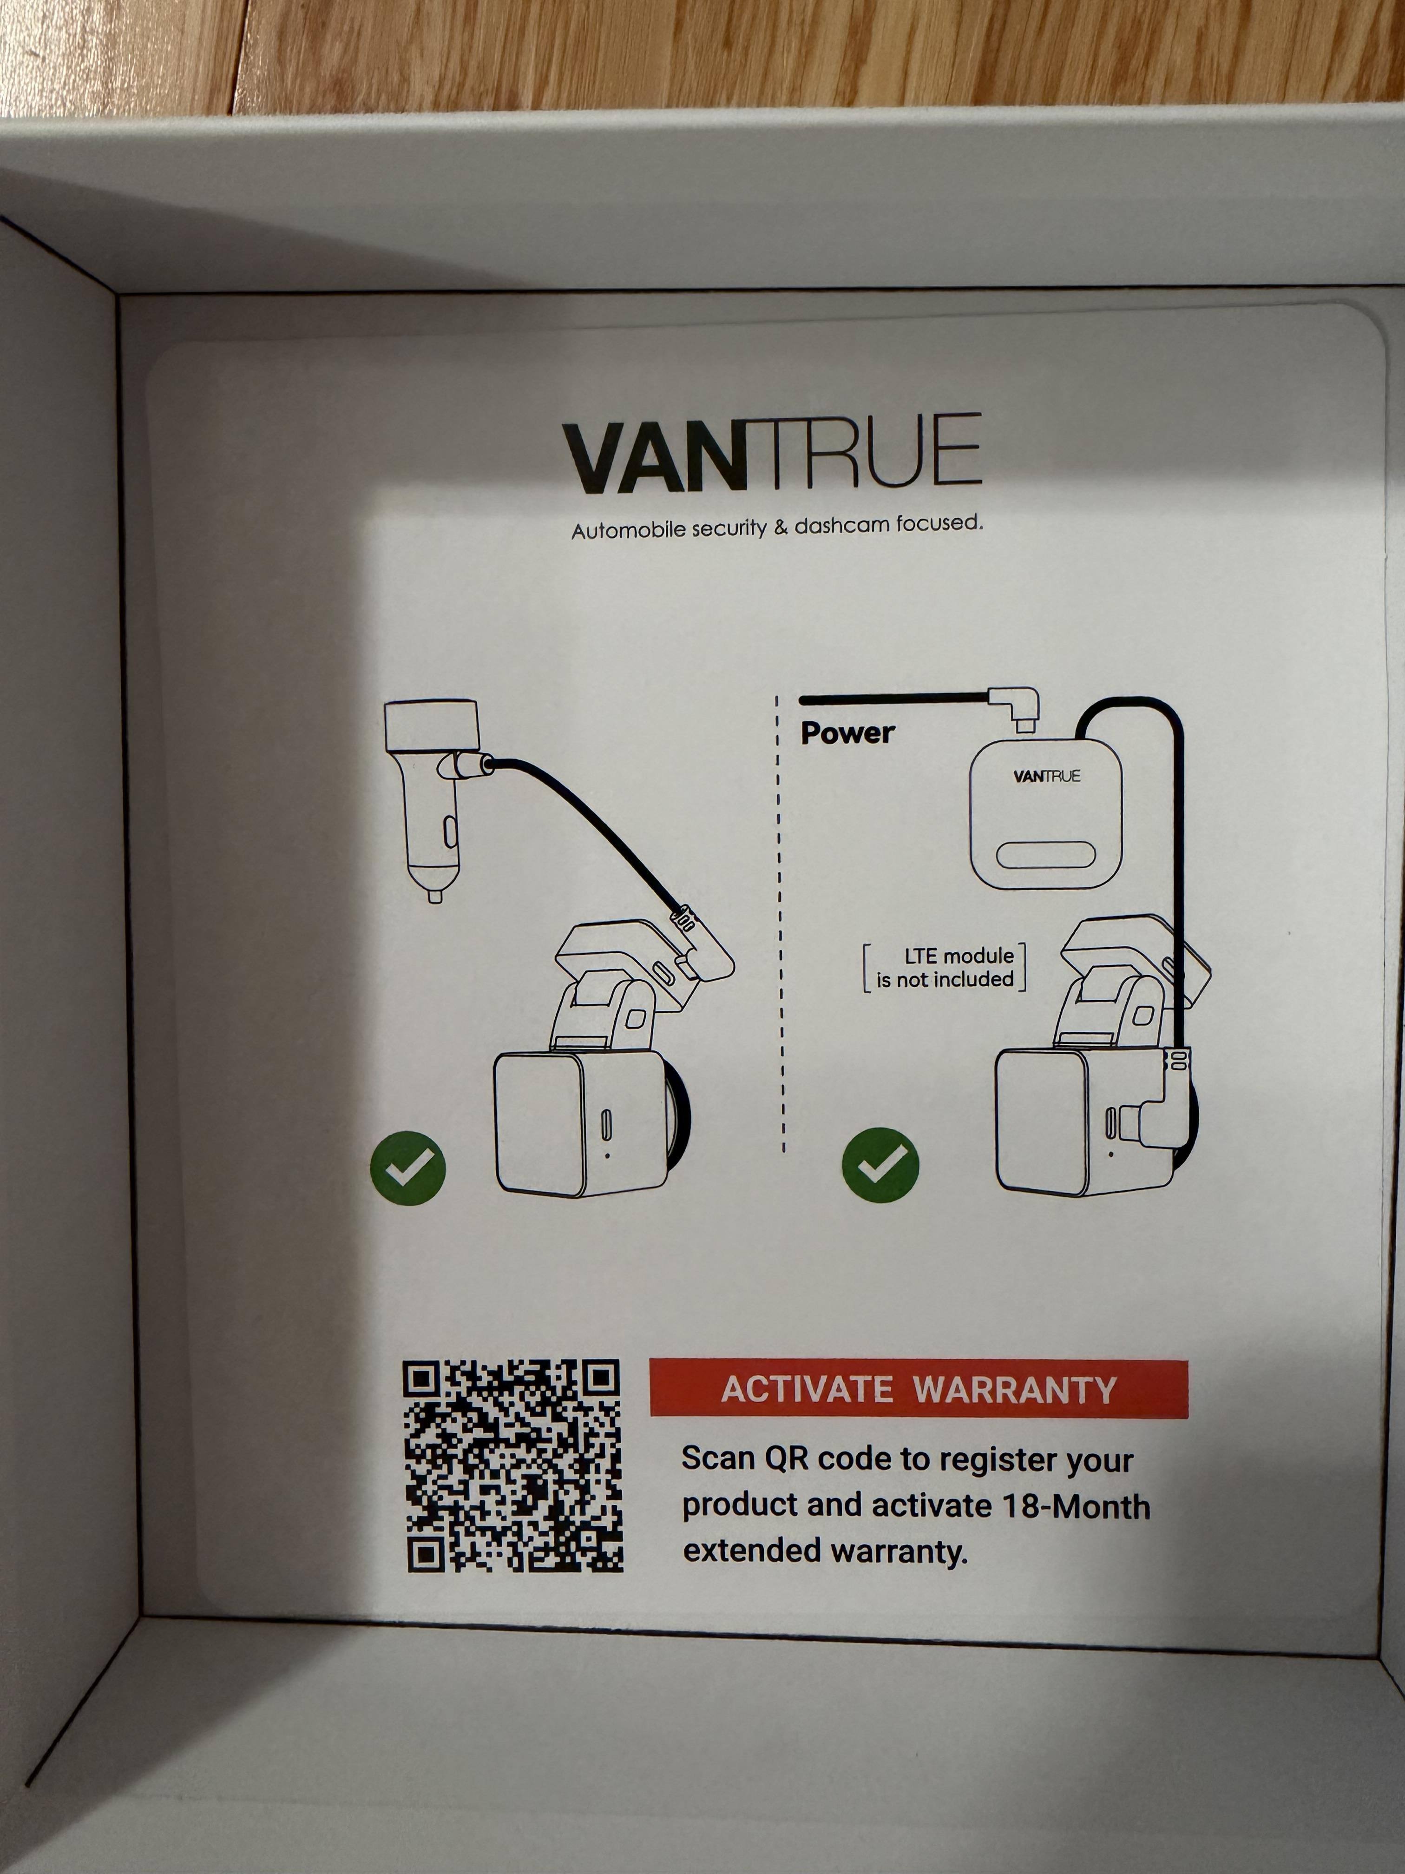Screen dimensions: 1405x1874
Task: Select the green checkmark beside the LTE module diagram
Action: [x=880, y=1166]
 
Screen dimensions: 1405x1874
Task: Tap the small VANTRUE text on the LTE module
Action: [x=1047, y=776]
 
